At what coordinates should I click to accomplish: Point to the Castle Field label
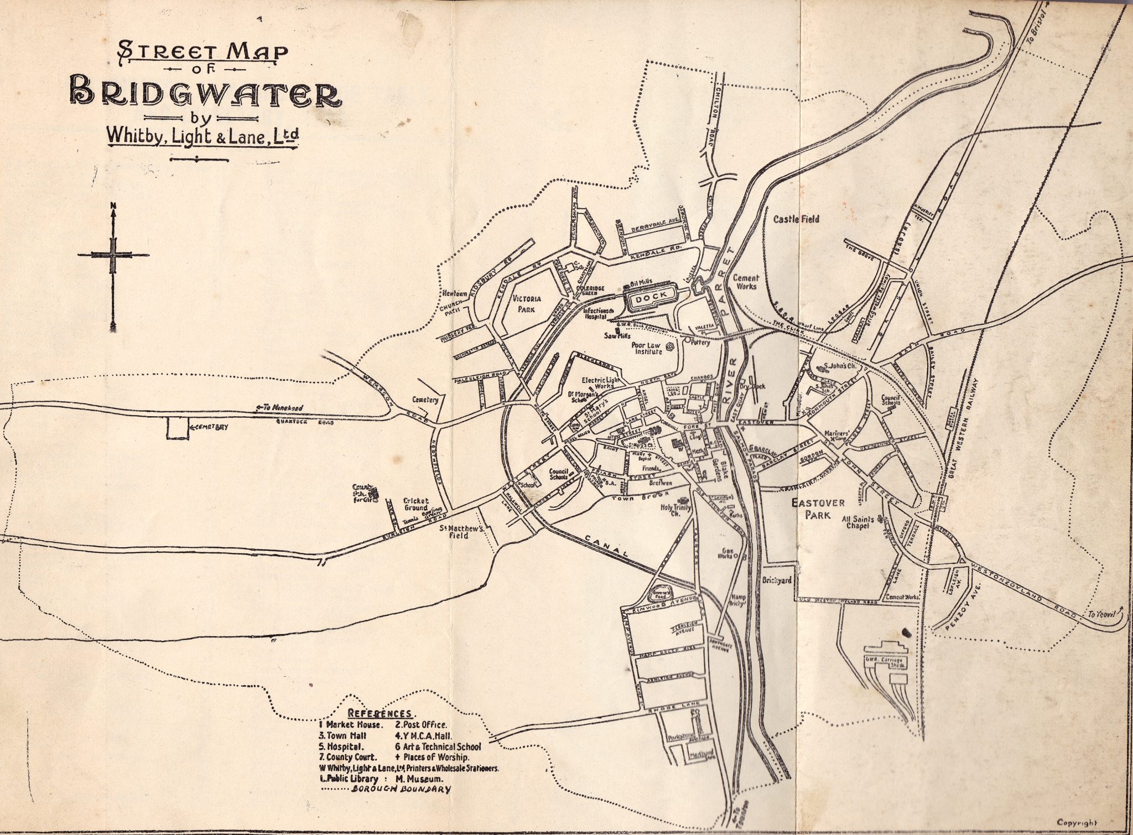point(796,219)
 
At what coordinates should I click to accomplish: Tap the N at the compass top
point(113,208)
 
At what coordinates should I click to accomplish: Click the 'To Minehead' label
point(280,408)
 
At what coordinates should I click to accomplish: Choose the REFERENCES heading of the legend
point(379,713)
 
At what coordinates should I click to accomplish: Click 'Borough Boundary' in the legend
point(401,790)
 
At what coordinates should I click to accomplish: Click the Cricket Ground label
point(415,504)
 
